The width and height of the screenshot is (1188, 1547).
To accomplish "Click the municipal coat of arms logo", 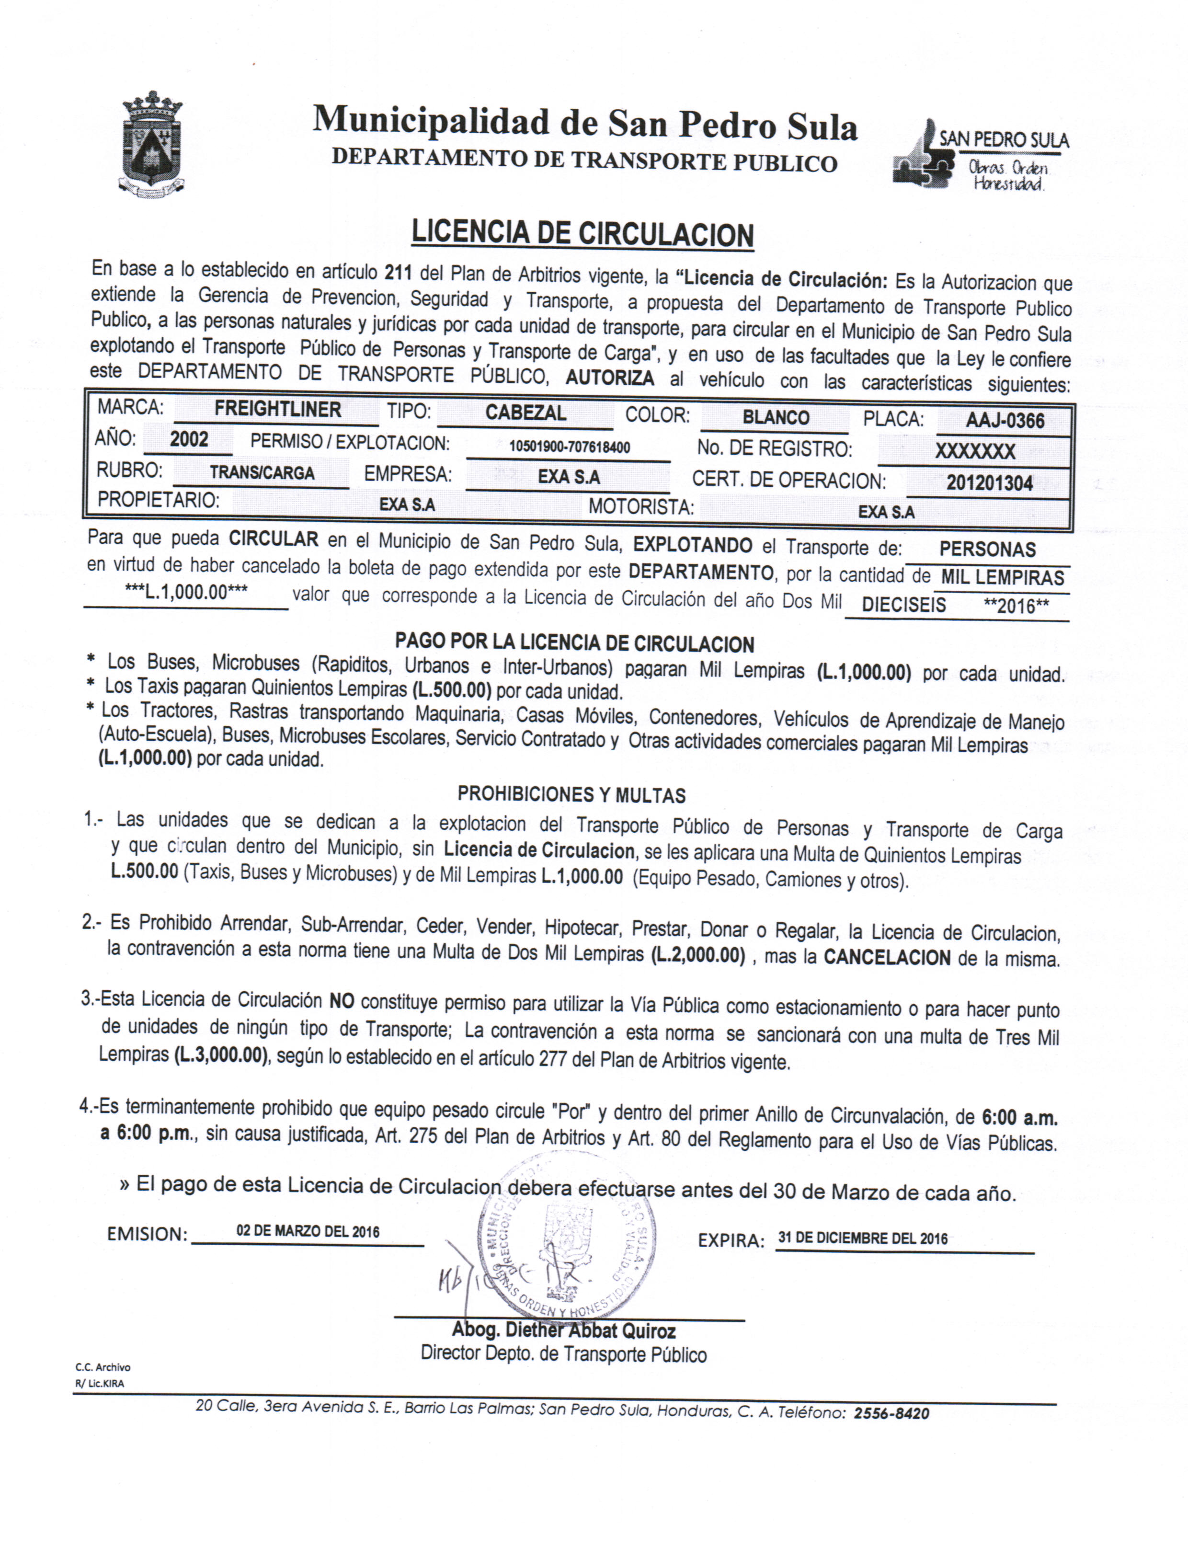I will coord(151,144).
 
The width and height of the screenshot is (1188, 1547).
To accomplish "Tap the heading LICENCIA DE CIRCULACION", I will coord(582,233).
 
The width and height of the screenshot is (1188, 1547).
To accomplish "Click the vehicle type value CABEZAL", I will coord(525,413).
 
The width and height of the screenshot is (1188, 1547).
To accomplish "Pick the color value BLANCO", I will coord(775,418).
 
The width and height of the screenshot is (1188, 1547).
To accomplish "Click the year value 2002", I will coord(189,440).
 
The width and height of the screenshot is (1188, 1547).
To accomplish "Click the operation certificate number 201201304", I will coord(989,483).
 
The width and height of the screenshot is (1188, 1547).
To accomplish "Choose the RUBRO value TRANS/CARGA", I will coord(262,473).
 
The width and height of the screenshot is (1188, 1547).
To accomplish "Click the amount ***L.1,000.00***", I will coord(186,593).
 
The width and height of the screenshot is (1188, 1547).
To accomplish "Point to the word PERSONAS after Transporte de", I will coord(987,550).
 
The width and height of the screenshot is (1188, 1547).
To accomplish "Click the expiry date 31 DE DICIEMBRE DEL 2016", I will coord(863,1238).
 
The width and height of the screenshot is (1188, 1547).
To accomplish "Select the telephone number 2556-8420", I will coord(891,1413).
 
